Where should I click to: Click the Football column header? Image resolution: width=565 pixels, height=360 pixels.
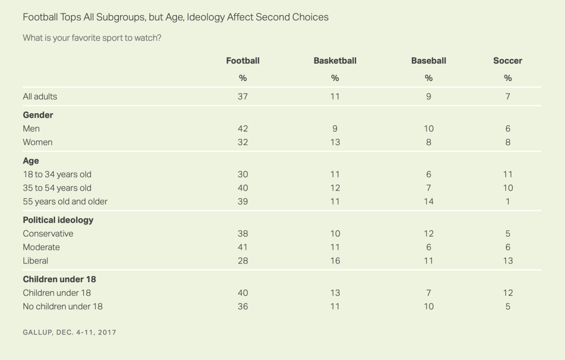coord(243,61)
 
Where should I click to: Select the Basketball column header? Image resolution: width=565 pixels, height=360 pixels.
coord(335,61)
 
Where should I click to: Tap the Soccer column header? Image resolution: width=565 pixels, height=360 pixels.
coord(508,61)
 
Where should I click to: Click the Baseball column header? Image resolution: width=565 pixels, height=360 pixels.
coord(428,61)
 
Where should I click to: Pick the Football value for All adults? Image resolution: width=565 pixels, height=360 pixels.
coord(243,97)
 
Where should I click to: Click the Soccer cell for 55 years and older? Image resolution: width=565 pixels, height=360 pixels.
coord(508,201)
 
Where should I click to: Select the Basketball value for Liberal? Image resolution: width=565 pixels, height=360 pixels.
coord(335,261)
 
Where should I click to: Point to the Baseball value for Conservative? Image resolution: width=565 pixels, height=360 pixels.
coord(428,234)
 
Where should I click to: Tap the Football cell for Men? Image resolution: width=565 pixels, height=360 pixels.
coord(243,128)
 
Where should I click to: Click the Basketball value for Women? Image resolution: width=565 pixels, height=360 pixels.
coord(335,142)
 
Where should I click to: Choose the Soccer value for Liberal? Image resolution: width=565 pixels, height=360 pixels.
coord(508,261)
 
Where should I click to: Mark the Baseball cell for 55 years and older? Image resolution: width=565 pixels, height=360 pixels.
coord(428,201)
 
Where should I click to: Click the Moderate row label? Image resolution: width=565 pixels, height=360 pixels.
coord(41,247)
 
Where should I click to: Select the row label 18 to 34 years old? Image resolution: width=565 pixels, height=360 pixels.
coord(57,174)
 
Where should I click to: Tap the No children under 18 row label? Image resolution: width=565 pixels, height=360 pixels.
coord(63,306)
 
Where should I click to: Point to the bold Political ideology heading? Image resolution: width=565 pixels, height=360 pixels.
coord(58,220)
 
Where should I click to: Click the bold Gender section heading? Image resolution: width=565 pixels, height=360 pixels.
coord(38,115)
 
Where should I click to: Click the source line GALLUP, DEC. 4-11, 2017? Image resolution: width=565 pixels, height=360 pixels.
coord(69,332)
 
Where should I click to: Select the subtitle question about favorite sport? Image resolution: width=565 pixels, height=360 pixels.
coord(92,39)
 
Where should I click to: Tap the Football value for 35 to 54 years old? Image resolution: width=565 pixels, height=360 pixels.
coord(243,188)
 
